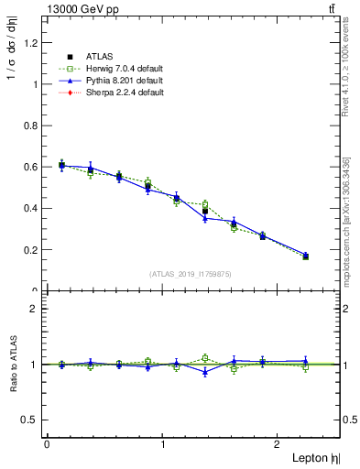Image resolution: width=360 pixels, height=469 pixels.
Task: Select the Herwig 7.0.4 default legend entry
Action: tap(120, 69)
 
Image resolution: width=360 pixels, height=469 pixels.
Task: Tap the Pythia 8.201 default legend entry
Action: tap(119, 81)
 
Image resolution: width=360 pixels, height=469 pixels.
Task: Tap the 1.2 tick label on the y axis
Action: tap(31, 43)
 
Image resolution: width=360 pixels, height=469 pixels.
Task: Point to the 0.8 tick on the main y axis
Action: tap(31, 125)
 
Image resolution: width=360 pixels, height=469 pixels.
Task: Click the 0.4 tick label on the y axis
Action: tap(31, 208)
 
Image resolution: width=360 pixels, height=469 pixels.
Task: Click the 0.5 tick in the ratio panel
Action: tap(31, 420)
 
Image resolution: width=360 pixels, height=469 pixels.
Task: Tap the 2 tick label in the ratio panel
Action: tap(35, 309)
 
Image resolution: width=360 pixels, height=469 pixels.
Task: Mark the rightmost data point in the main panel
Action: tap(306, 256)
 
